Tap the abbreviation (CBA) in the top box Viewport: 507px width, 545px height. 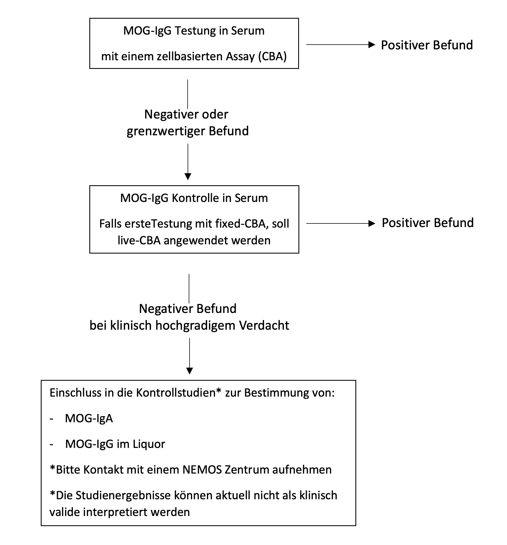272,57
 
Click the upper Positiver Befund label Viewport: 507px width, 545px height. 427,45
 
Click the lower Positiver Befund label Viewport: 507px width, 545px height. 427,223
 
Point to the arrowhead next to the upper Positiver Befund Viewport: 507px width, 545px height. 372,45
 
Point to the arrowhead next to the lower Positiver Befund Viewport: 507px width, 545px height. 372,223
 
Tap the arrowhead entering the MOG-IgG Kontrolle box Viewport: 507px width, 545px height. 188,177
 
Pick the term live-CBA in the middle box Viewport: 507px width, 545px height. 139,240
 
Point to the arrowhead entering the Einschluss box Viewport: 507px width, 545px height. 190,371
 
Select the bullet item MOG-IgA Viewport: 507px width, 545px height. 89,418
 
